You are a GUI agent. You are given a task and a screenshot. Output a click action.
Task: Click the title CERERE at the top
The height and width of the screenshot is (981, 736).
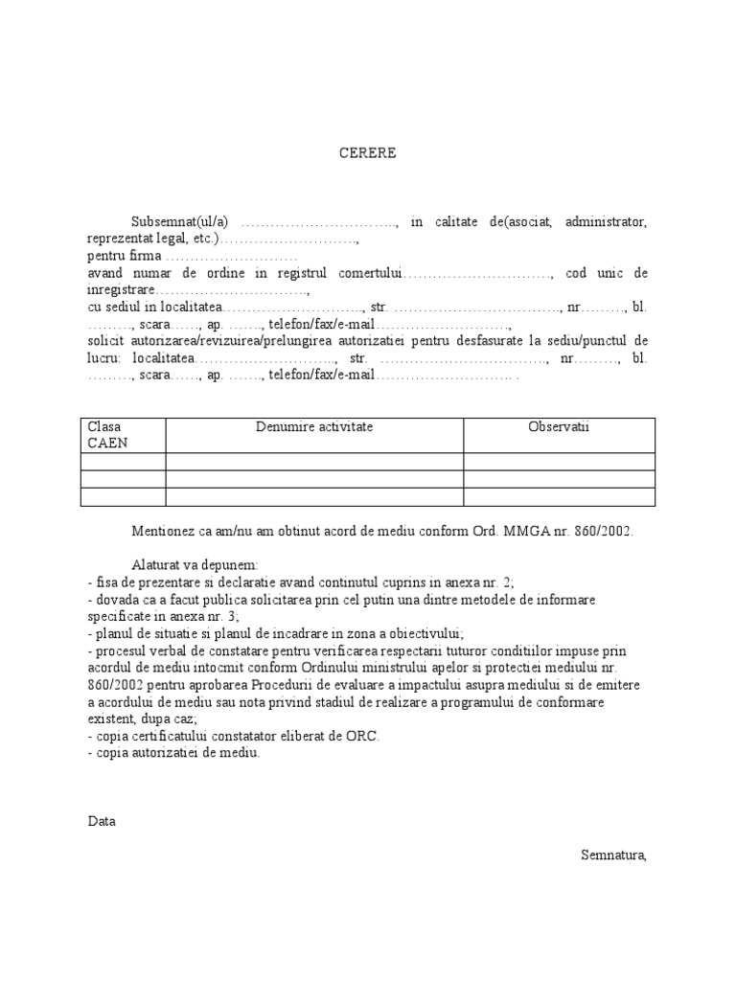pos(367,152)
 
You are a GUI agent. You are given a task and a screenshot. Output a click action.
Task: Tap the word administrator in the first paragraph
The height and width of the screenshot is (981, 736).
pos(607,221)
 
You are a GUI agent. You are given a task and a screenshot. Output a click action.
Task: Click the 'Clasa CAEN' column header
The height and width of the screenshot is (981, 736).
pos(106,434)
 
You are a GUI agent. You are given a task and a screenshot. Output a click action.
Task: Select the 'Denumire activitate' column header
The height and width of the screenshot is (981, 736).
pos(314,426)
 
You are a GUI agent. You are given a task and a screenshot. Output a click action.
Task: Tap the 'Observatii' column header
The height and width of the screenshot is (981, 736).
pos(560,426)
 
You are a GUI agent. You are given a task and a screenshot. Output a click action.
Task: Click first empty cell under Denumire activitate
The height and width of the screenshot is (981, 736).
pos(314,461)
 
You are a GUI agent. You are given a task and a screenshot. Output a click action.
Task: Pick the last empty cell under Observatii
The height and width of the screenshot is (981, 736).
pos(560,495)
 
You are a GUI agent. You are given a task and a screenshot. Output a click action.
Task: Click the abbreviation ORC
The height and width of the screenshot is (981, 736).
pos(365,736)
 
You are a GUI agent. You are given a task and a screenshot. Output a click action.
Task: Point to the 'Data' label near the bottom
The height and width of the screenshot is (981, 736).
pos(101,821)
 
